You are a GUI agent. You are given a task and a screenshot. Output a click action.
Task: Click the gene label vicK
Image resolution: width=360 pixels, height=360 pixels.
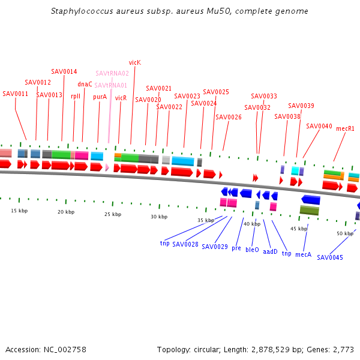point(134,62)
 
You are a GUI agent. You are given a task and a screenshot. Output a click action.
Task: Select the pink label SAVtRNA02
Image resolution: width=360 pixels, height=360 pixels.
point(112,73)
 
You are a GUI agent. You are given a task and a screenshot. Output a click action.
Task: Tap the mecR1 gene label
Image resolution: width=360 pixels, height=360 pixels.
point(345,128)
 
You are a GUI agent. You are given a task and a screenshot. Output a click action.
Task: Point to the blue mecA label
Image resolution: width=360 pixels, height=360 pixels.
point(304,254)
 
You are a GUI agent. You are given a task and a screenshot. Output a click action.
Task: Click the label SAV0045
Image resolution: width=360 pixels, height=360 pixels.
point(330,257)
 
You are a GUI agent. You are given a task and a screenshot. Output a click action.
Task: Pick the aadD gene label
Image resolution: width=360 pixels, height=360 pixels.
point(271,251)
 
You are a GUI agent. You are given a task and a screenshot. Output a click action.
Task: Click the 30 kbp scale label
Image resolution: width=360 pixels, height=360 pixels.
point(159,217)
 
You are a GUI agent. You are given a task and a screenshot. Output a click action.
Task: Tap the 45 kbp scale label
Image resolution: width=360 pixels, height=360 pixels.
point(299,229)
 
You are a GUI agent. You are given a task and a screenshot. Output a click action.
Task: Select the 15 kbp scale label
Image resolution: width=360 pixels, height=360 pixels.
point(19,211)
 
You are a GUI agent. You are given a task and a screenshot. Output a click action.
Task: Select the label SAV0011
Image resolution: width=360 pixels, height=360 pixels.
point(16,94)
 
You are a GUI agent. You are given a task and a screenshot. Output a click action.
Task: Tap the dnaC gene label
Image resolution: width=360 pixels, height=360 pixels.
point(85,84)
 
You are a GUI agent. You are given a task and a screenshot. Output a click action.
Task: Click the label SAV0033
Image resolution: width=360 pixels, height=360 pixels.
point(264,96)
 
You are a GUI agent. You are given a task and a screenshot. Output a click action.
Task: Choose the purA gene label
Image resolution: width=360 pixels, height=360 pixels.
point(100,96)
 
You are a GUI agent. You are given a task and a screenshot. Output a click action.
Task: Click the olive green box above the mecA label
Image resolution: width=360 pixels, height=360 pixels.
point(309,211)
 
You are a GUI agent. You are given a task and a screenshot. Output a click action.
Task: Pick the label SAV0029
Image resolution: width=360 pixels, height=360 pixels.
point(215,247)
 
